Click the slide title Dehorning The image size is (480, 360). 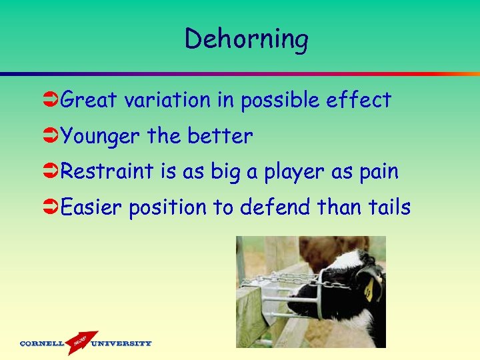tap(246, 39)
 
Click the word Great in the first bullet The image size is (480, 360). tap(88, 100)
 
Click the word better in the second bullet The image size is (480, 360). tap(220, 136)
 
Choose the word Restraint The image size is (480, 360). tap(107, 171)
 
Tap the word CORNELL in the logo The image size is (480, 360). tap(42, 344)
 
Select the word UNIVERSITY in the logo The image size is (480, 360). tap(121, 344)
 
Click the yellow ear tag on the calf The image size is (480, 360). tap(369, 289)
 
